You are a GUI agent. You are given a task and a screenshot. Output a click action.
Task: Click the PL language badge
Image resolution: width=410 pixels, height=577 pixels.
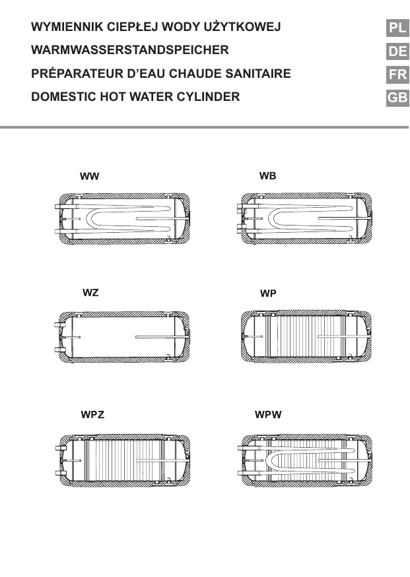click(397, 28)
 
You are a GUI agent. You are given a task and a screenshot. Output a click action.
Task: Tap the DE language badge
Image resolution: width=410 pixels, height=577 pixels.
click(397, 51)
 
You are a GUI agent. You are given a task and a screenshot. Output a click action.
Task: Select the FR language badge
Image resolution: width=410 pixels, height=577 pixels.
click(397, 75)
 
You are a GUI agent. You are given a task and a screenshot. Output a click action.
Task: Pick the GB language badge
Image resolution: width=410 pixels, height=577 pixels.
click(397, 98)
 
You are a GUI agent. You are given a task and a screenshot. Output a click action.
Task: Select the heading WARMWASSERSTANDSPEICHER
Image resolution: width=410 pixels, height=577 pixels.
click(130, 50)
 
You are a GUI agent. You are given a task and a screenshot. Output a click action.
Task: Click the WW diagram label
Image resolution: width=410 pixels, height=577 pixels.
click(90, 177)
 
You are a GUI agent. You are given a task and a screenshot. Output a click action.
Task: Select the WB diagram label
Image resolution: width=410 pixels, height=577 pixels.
click(267, 176)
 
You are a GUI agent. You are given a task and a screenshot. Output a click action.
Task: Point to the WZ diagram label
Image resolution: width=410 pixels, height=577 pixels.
click(90, 292)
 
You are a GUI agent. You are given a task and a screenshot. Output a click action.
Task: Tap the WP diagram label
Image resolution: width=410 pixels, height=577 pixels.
click(268, 293)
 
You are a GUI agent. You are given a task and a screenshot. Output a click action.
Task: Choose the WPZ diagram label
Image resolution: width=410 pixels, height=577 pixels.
click(92, 415)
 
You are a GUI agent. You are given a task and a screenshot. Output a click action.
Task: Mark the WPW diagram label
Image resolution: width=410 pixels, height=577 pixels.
click(268, 415)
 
